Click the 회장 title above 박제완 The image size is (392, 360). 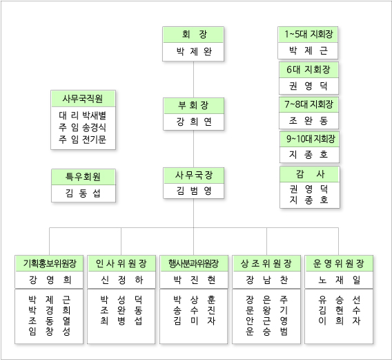[194, 34]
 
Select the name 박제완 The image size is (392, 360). [194, 52]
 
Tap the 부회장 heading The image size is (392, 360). [193, 105]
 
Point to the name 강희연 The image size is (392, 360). [194, 122]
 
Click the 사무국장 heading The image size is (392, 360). [193, 175]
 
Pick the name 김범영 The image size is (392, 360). [194, 191]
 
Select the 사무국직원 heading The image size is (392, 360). [83, 99]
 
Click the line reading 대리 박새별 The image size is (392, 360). [83, 115]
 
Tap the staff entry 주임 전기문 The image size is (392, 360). [83, 139]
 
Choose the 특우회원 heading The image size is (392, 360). [83, 177]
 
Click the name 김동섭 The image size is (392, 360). [83, 193]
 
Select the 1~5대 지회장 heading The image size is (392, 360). [309, 34]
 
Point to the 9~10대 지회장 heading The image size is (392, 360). [311, 139]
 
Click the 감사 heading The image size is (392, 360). [310, 174]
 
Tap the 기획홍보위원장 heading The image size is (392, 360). [50, 263]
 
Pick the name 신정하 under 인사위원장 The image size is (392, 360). [121, 280]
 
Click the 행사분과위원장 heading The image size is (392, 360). [194, 263]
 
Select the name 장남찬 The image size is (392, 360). [266, 280]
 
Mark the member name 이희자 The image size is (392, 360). [340, 321]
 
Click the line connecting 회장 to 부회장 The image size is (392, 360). [194, 79]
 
